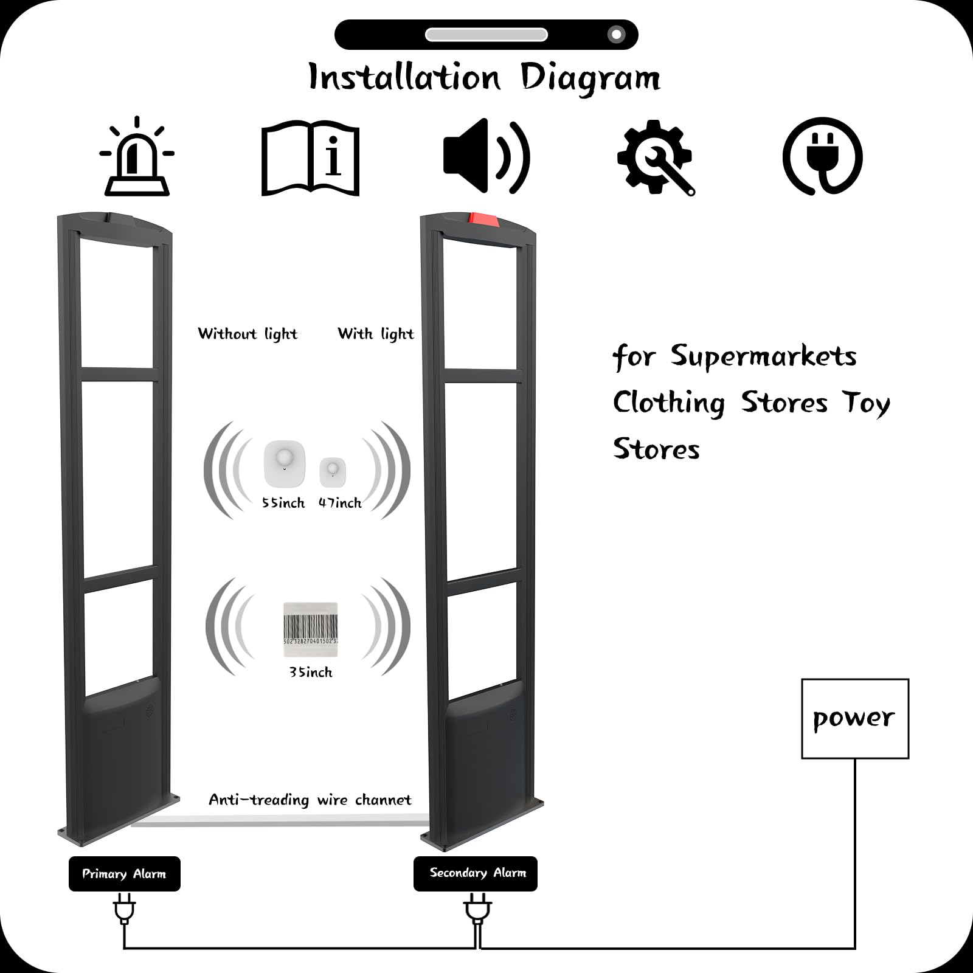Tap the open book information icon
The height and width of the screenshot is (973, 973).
310,158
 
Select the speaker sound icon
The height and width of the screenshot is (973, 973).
486,156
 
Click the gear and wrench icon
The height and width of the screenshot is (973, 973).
656,158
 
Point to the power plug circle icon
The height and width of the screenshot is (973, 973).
822,156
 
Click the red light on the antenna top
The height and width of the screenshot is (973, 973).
483,220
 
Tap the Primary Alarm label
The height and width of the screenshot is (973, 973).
125,874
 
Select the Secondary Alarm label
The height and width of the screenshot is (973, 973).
476,873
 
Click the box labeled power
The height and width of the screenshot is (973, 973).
855,719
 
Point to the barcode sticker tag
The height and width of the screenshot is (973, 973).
310,629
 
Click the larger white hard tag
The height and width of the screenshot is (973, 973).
284,463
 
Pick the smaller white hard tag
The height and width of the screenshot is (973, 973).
333,471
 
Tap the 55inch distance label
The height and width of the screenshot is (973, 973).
283,503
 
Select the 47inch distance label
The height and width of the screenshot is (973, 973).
340,503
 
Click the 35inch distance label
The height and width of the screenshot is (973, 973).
311,672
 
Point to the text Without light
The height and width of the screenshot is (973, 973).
248,334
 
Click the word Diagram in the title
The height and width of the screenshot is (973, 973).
590,79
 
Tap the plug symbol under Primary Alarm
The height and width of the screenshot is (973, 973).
124,911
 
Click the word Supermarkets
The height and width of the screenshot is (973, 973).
764,356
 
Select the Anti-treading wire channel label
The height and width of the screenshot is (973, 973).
310,800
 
